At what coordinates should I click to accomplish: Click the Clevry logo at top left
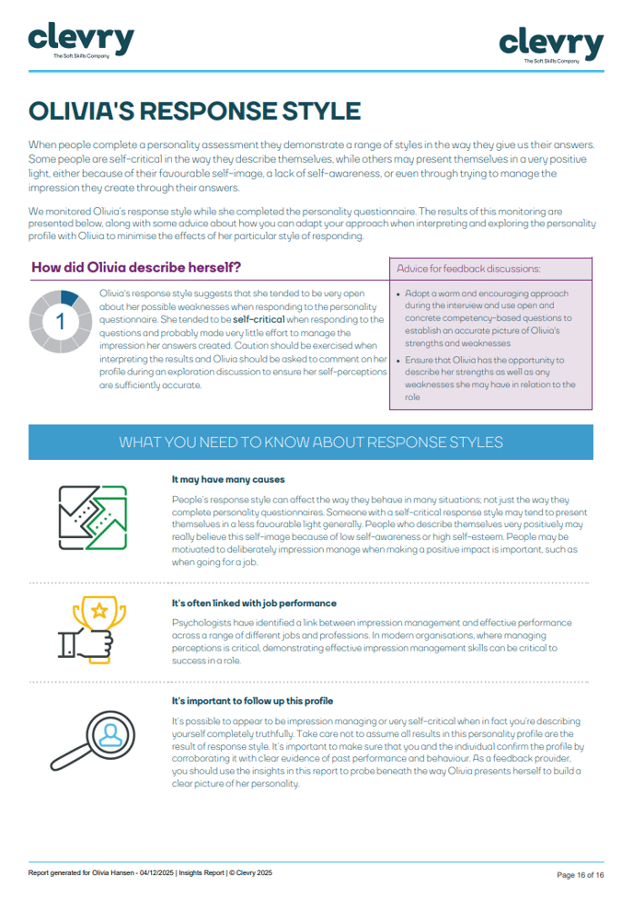(81, 40)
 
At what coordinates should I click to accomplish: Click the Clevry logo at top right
(551, 43)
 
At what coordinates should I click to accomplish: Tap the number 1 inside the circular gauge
(61, 321)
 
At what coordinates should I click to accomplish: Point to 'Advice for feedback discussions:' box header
(468, 269)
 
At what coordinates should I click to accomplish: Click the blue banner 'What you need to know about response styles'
(311, 442)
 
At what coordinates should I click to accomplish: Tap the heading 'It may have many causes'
(228, 479)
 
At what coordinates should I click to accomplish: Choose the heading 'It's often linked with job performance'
(253, 604)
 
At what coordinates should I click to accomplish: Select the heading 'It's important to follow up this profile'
(252, 701)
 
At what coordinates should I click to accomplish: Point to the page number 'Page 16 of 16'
(581, 874)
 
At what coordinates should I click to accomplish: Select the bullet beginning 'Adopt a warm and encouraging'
(487, 318)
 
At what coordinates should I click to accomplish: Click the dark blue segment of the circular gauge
(69, 297)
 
